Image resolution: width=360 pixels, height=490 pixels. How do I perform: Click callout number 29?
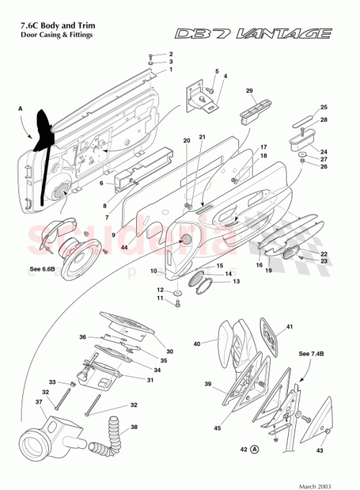[x=249, y=91]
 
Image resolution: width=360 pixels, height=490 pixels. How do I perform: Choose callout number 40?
[x=197, y=344]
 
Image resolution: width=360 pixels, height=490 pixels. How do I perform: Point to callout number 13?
[x=235, y=281]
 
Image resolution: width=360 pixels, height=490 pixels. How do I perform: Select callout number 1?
[x=171, y=71]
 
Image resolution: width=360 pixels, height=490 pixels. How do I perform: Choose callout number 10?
[x=154, y=271]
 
